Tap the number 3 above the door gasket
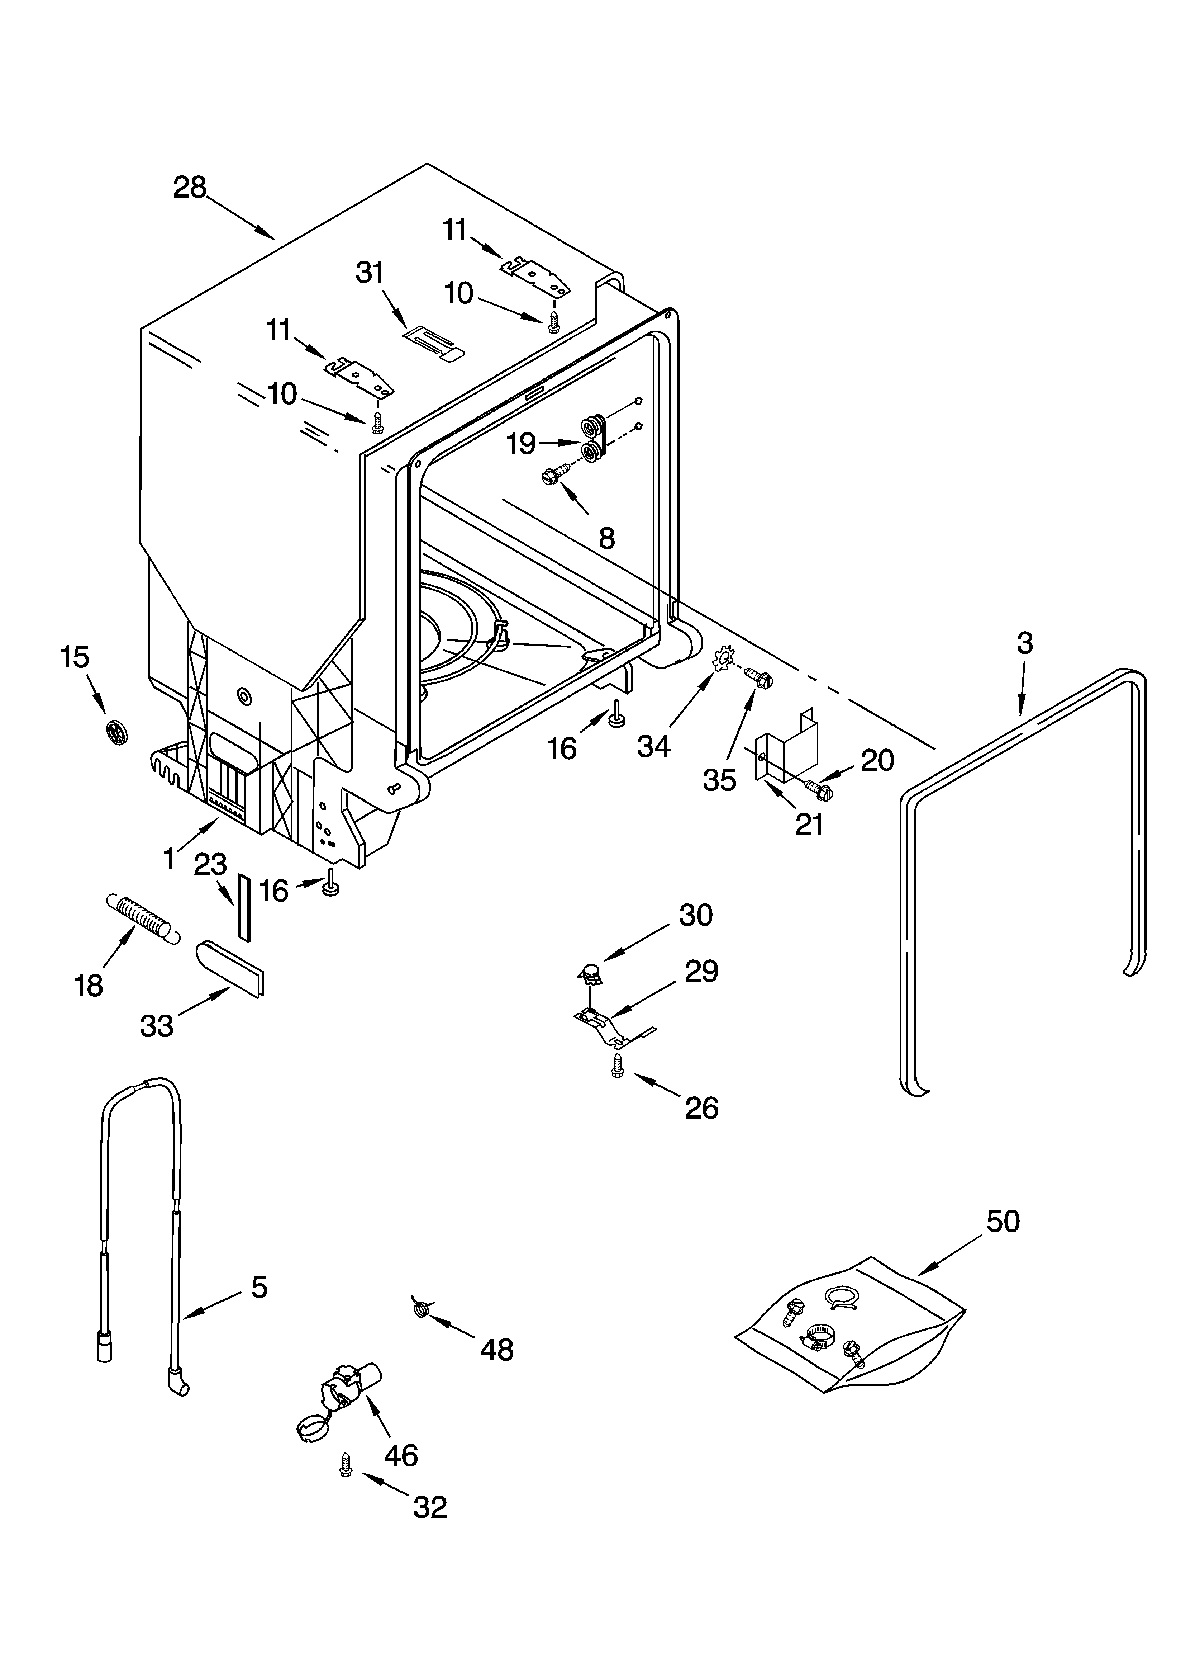coord(1025,643)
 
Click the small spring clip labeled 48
coord(420,1305)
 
